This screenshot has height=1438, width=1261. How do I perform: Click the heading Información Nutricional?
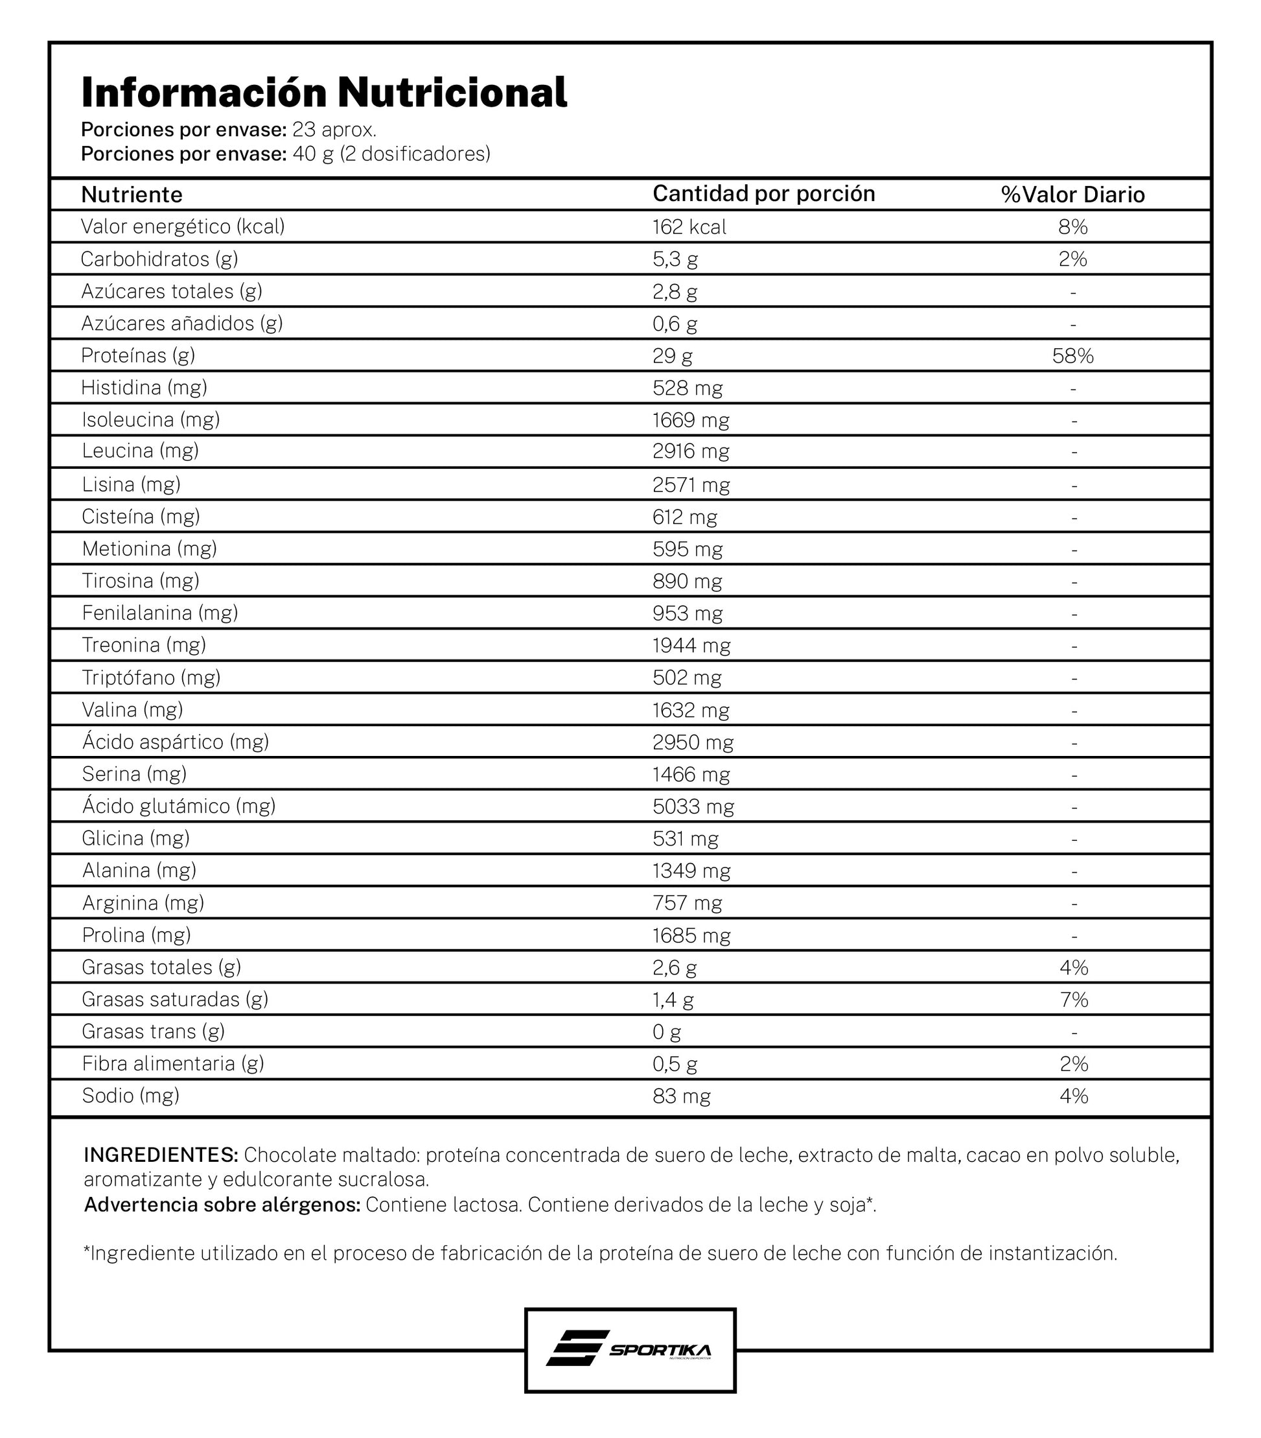tap(323, 93)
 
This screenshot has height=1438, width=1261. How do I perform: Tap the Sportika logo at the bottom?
tap(629, 1349)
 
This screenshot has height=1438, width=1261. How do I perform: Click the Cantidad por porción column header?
tap(763, 193)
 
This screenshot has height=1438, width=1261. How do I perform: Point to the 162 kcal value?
tap(689, 226)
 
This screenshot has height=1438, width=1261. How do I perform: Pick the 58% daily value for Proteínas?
tap(1072, 355)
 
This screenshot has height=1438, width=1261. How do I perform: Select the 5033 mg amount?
tap(693, 807)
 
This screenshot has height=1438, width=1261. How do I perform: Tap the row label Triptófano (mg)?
tap(151, 677)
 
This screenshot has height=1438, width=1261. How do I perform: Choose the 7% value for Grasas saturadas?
tap(1073, 999)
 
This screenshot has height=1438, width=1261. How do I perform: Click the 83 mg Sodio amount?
tap(681, 1096)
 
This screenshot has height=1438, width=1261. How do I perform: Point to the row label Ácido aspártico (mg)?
tap(175, 742)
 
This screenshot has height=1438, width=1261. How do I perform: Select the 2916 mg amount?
tap(691, 451)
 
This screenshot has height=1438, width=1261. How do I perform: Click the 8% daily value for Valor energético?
tap(1072, 226)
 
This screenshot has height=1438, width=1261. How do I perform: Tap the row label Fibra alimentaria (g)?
tap(172, 1063)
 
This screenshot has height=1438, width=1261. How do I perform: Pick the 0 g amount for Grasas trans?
tap(666, 1031)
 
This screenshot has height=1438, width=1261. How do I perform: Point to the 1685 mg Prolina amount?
tap(691, 935)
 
